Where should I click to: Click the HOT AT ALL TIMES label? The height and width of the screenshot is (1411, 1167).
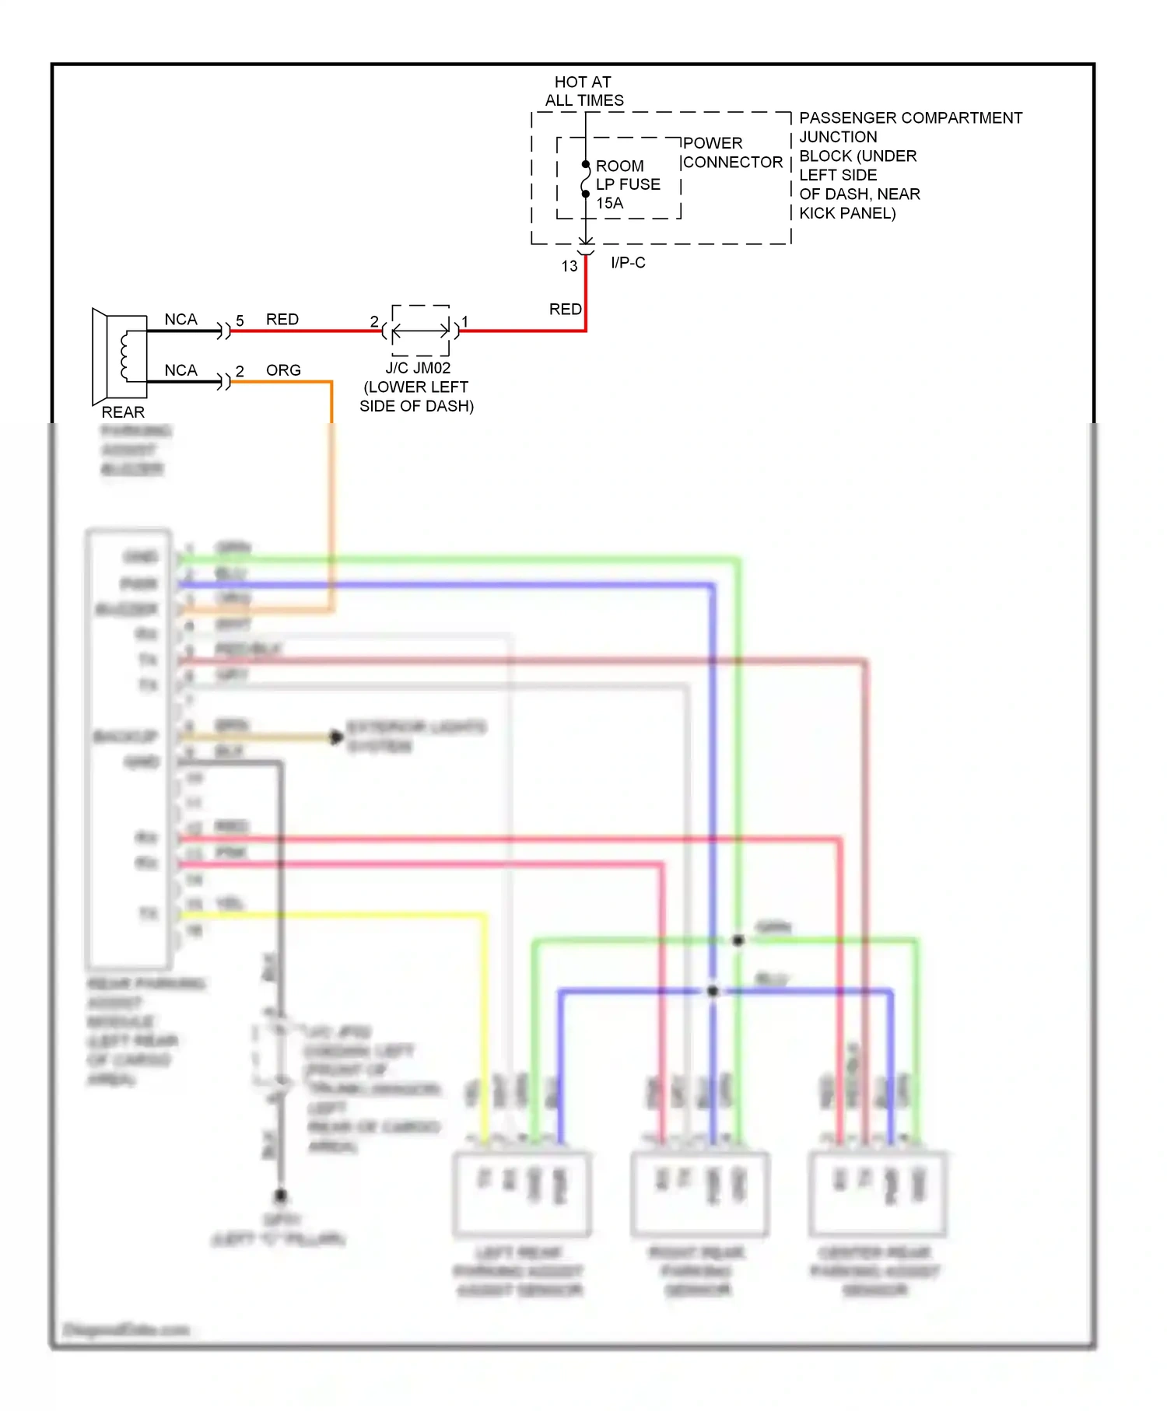583,91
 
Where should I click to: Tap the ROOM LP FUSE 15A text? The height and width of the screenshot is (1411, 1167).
627,184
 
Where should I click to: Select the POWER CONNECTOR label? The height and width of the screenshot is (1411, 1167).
731,152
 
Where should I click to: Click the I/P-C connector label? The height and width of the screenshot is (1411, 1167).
628,263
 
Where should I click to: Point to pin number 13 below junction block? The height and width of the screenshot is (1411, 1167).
569,266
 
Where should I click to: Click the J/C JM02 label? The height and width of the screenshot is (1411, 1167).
418,368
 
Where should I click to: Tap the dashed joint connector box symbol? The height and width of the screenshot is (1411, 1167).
421,331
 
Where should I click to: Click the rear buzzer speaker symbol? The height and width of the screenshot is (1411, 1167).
120,355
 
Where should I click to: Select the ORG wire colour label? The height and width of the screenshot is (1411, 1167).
283,370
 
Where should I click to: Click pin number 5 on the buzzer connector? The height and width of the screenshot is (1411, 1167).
240,320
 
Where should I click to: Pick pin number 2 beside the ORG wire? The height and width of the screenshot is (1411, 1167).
240,371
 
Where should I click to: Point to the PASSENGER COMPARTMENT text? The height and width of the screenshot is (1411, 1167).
910,118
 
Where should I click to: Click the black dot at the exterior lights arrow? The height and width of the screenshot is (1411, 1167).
336,737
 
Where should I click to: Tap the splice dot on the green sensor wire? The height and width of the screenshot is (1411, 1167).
738,940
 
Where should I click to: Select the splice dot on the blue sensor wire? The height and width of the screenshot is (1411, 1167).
713,991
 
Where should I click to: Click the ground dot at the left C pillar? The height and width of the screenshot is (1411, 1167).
281,1195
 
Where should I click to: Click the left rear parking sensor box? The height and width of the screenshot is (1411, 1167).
521,1194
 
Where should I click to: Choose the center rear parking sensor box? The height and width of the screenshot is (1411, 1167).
878,1194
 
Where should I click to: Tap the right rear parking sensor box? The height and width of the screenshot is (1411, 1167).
699,1194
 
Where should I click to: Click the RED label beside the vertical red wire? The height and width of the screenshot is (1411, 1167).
565,310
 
